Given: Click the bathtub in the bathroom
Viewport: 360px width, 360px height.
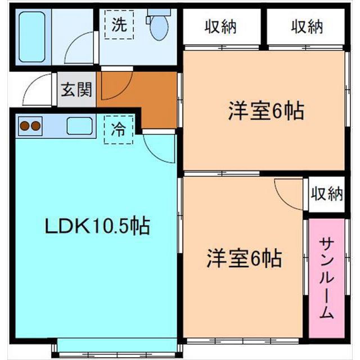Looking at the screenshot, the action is click(31, 37).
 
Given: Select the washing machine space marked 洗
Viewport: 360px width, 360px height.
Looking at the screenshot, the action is click(119, 25).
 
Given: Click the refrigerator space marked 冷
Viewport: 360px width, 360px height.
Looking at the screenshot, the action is click(119, 130).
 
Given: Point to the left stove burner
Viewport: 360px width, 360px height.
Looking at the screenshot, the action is click(25, 126).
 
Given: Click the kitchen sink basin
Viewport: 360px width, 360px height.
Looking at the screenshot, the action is click(80, 126).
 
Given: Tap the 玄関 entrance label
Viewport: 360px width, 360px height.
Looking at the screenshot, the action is click(76, 89).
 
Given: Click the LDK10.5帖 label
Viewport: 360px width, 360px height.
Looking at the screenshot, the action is click(97, 226).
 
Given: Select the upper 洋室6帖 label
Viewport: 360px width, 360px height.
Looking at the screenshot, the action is click(266, 111).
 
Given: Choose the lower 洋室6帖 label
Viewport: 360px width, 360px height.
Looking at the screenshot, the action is click(244, 258).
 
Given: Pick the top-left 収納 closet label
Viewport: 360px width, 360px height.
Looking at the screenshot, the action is click(220, 26).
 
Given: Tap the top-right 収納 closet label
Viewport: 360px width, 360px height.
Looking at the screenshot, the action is click(307, 26).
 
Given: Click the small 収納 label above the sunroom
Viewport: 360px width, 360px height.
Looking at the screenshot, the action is click(327, 193).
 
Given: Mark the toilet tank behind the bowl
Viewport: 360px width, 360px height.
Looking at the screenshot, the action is click(159, 12).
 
